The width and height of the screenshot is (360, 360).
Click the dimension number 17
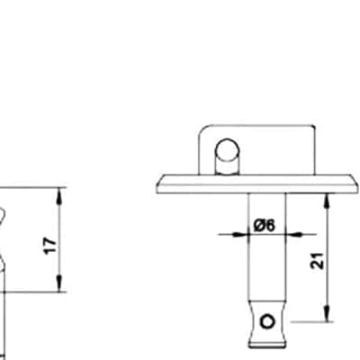click(x=50, y=246)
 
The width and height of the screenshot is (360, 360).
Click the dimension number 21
click(x=318, y=261)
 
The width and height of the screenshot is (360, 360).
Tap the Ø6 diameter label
click(x=265, y=225)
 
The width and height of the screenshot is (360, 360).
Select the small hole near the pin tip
click(x=267, y=321)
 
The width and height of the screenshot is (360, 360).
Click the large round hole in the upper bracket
click(x=228, y=150)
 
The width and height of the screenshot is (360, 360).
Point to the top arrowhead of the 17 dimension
click(x=59, y=195)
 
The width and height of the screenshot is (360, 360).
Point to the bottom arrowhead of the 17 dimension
click(x=59, y=283)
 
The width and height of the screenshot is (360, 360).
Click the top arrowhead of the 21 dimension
click(x=327, y=202)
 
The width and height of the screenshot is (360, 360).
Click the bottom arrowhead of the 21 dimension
click(x=327, y=313)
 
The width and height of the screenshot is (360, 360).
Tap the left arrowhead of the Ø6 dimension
click(x=241, y=234)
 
